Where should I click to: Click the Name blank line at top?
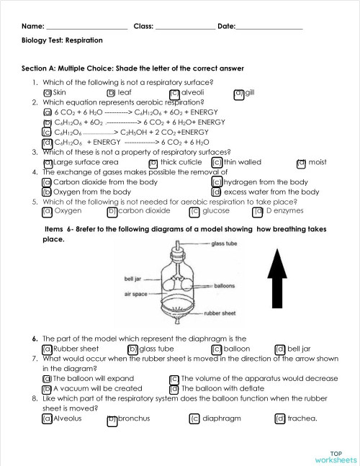86,27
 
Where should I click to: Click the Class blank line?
184,27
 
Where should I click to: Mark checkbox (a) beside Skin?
48,93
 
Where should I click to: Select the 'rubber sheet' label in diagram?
220,313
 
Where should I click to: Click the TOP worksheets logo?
335,455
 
